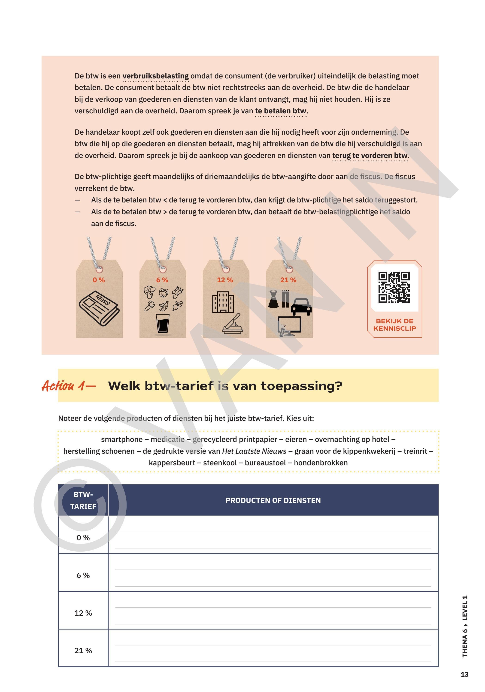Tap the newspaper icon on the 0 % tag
coord(99,308)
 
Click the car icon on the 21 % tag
coord(301,307)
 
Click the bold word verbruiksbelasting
coord(156,76)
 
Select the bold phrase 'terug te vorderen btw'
coord(370,155)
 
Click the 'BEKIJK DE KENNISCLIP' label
coord(394,325)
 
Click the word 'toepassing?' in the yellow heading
coord(301,386)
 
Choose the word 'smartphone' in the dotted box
coord(122,439)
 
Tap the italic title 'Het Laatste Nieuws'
coord(254,451)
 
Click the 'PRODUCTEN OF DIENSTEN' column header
coord(273,500)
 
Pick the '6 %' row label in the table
coord(83,575)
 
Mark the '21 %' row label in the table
coord(83,650)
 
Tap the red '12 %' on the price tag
coord(225,280)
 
